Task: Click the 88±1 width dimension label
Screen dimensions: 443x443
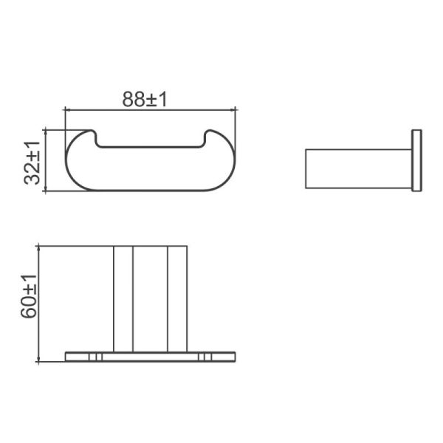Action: (x=145, y=98)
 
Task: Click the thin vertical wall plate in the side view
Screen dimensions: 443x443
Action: (x=416, y=160)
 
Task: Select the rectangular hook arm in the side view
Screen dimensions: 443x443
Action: (x=358, y=168)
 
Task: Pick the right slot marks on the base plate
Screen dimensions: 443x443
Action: (x=205, y=357)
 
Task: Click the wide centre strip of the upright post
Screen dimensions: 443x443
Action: (x=150, y=298)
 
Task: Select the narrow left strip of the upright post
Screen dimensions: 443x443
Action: (x=123, y=298)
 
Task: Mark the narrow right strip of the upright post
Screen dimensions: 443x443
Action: (x=177, y=298)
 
